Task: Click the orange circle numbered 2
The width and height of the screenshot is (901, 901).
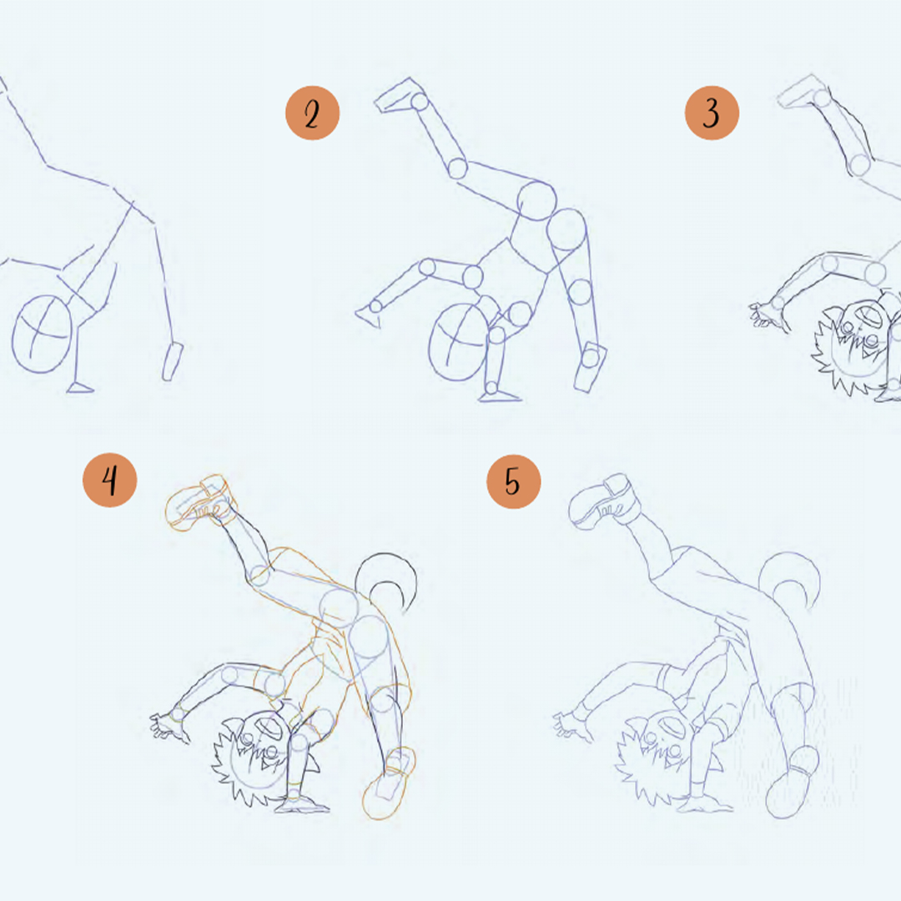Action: [x=312, y=113]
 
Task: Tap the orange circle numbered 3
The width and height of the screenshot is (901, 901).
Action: [x=712, y=113]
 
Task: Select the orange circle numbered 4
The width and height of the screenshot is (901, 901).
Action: [x=110, y=480]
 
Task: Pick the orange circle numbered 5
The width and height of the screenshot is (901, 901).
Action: [x=514, y=481]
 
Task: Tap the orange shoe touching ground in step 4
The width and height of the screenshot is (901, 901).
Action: [x=389, y=783]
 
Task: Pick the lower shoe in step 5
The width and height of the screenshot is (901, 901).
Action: [x=792, y=782]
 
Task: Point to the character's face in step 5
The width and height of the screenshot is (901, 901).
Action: [x=660, y=753]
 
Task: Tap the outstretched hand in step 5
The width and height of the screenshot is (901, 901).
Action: [x=571, y=725]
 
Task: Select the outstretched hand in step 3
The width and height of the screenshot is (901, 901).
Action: [x=768, y=316]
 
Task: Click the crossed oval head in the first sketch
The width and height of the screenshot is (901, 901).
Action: [x=42, y=334]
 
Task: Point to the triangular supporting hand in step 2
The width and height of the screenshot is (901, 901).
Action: [x=368, y=316]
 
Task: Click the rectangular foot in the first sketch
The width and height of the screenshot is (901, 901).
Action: [x=173, y=361]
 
